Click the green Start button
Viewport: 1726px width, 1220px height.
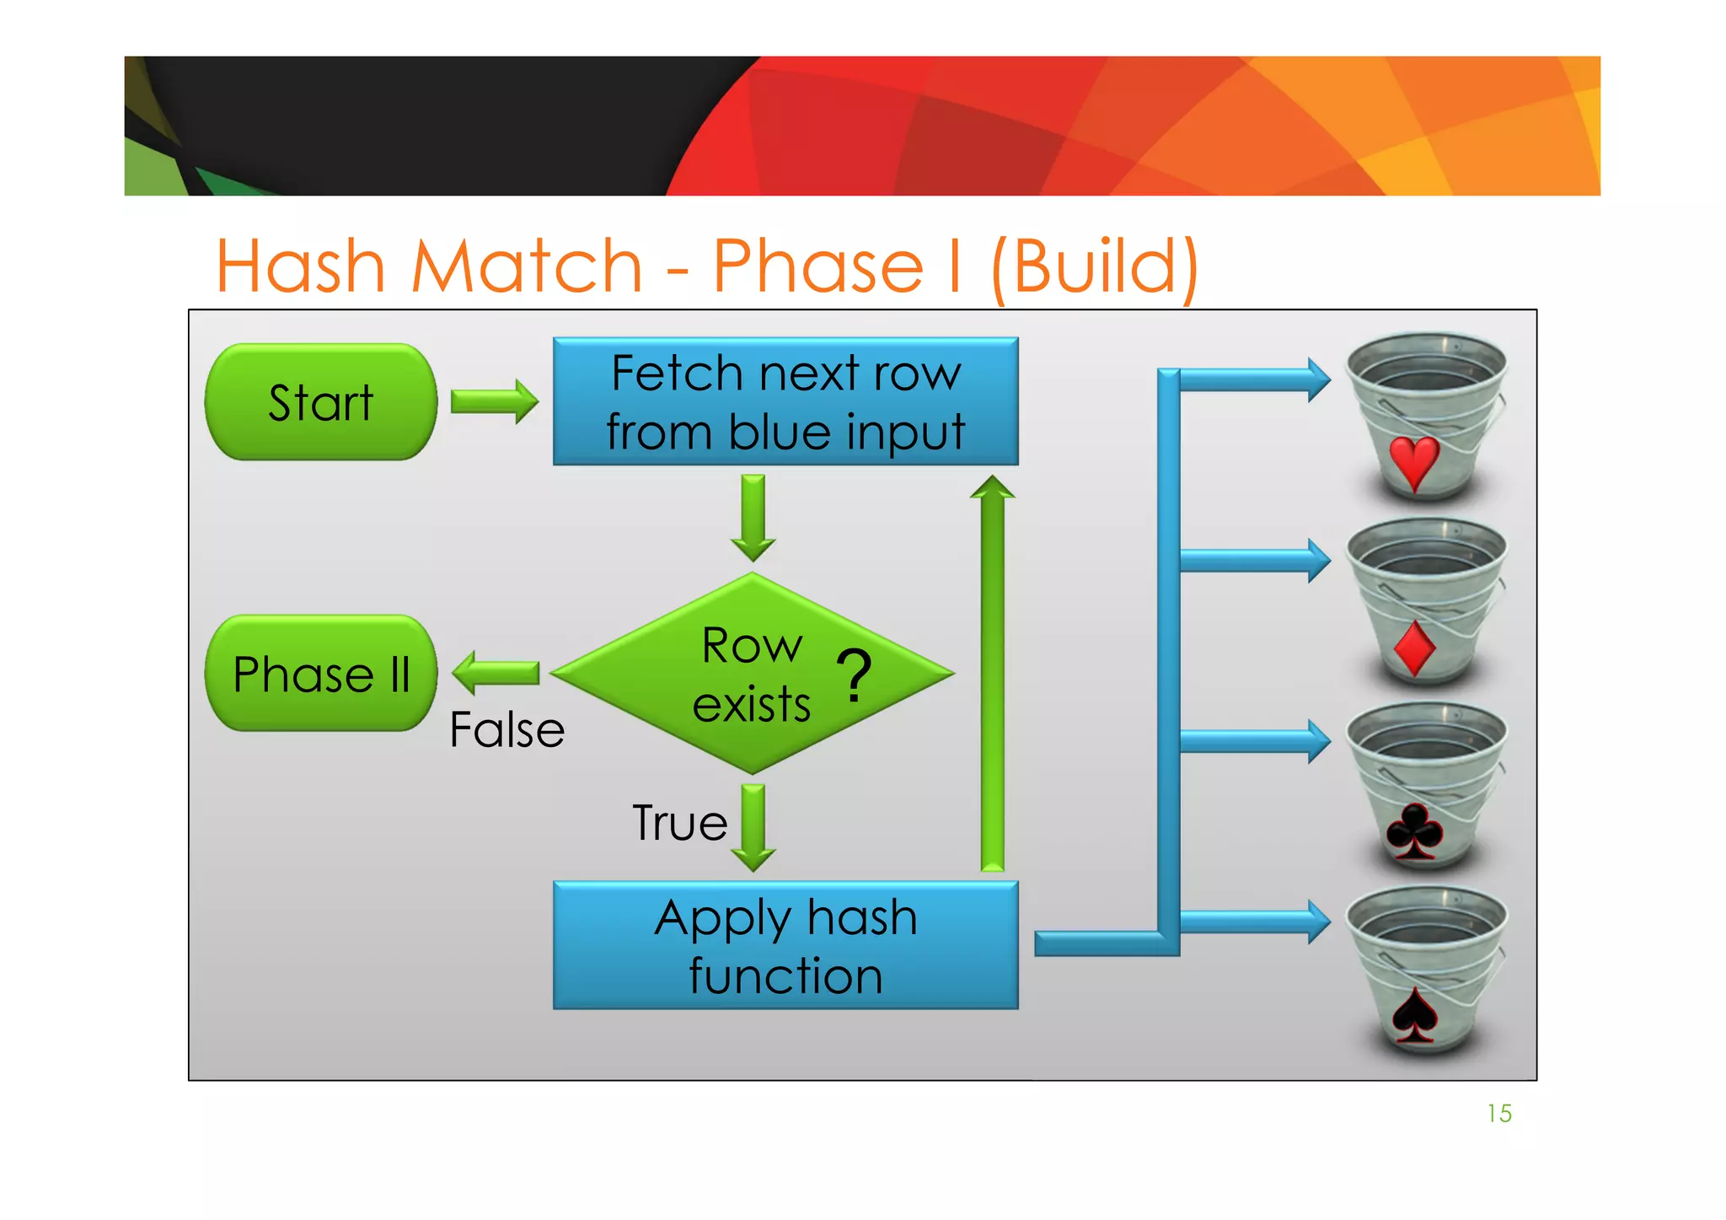pos(321,402)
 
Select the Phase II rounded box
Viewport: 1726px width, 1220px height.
pos(321,674)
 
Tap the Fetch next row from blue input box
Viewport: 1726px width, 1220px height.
pos(785,402)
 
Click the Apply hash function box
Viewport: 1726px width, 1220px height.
pos(785,945)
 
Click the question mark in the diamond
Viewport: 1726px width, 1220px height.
pos(855,674)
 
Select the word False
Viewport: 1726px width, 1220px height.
pos(507,730)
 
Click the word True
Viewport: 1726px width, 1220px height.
pos(680,823)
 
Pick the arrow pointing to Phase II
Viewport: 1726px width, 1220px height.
pos(496,673)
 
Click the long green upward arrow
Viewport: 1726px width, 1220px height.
pos(993,674)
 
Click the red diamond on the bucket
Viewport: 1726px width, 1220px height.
pos(1415,649)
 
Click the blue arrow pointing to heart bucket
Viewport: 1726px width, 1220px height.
pos(1254,380)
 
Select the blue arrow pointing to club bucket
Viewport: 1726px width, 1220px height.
pos(1254,742)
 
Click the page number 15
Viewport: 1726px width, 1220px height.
pos(1499,1114)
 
